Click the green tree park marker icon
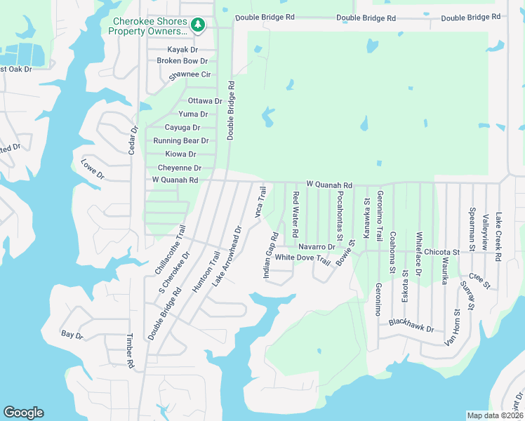point(199,26)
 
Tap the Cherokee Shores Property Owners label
point(151,26)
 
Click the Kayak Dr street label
point(182,50)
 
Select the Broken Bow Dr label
point(182,61)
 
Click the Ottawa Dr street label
point(205,101)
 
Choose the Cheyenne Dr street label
point(180,168)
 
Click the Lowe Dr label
point(92,168)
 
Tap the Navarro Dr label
point(317,247)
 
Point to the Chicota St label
point(441,251)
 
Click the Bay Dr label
point(72,335)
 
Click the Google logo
point(23,413)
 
